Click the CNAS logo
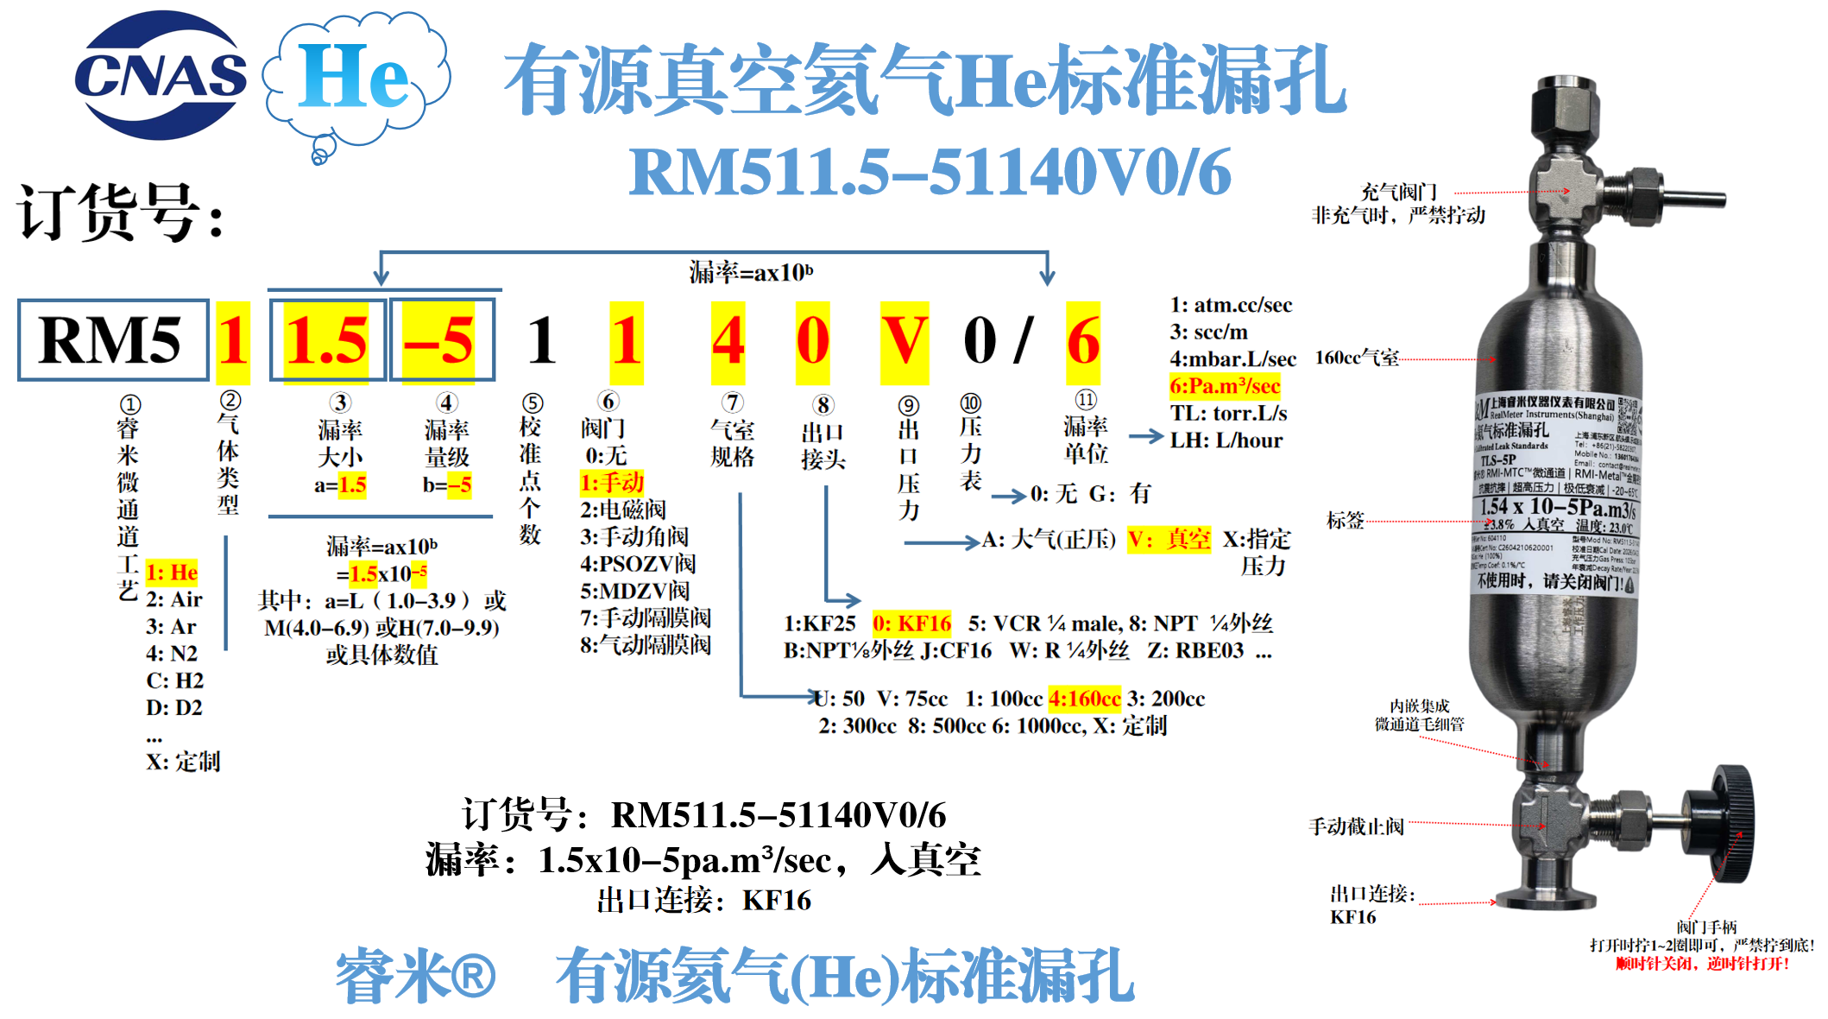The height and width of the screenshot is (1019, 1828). (161, 76)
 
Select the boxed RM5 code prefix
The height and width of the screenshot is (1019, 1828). (112, 340)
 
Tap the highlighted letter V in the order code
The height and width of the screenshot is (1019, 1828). (905, 342)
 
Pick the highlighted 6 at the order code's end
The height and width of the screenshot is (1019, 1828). (1083, 342)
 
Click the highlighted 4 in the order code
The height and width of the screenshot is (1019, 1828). (728, 342)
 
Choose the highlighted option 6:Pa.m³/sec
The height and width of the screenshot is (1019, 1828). (1225, 386)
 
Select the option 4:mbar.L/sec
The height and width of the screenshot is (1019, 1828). (1232, 358)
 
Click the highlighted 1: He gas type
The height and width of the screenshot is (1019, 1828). (172, 573)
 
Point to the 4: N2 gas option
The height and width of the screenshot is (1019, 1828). (172, 654)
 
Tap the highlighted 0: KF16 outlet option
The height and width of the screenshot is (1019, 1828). (911, 623)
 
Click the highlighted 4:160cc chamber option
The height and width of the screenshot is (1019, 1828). (1084, 698)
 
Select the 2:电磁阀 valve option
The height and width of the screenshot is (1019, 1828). (622, 509)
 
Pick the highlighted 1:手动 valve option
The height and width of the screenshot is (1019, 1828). (612, 482)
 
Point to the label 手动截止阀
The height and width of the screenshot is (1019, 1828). (1356, 826)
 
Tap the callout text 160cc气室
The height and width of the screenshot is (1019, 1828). (1357, 358)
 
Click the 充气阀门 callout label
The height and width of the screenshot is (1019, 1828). (1398, 192)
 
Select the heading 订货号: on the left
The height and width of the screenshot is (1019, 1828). (121, 212)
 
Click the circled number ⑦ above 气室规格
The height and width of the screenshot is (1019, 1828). (732, 402)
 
